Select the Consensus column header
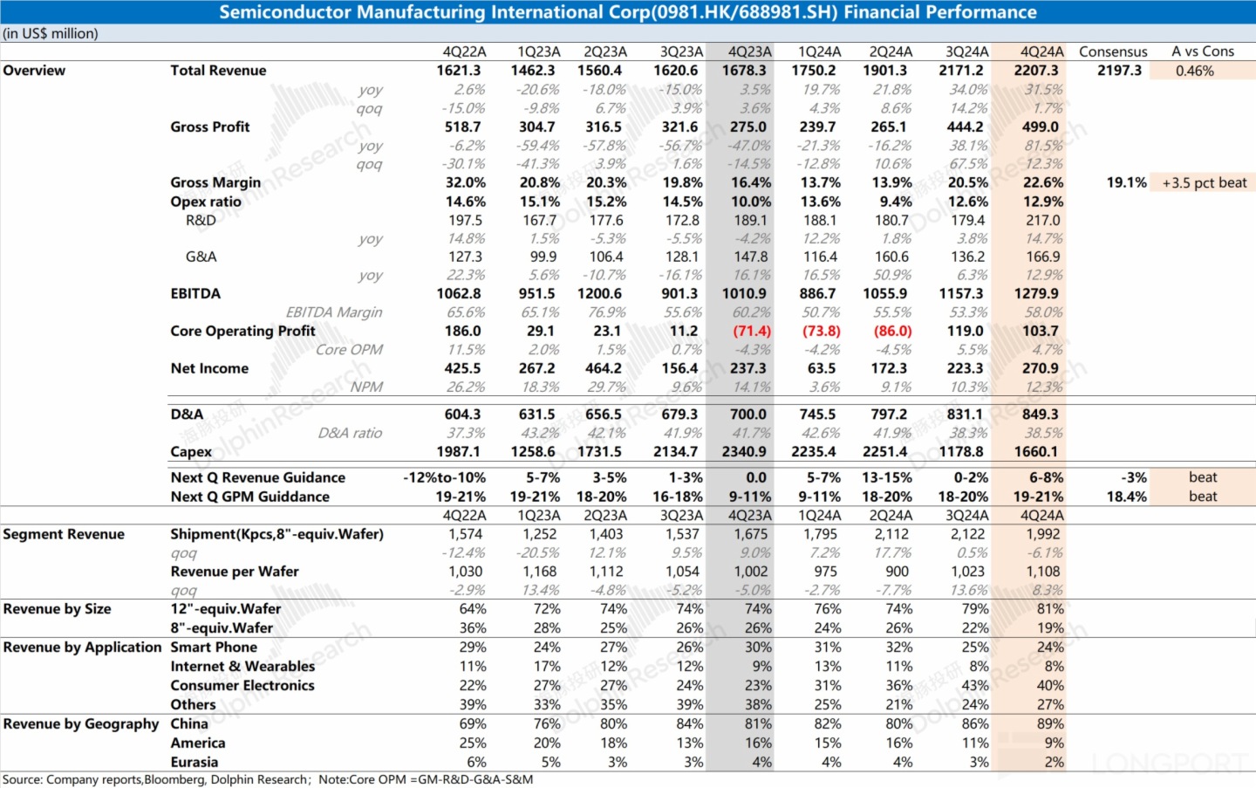(x=1113, y=51)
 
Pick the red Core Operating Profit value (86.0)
(x=892, y=332)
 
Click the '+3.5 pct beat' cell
(x=1204, y=182)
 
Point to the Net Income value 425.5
(x=462, y=368)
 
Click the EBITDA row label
(x=195, y=294)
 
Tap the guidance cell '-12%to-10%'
(x=444, y=477)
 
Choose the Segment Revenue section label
(x=64, y=534)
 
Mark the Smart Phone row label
(x=214, y=648)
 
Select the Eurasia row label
(x=195, y=762)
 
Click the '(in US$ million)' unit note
(x=51, y=33)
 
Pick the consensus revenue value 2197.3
(x=1119, y=71)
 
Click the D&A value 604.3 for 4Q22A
(x=462, y=415)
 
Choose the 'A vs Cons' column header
(x=1203, y=51)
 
